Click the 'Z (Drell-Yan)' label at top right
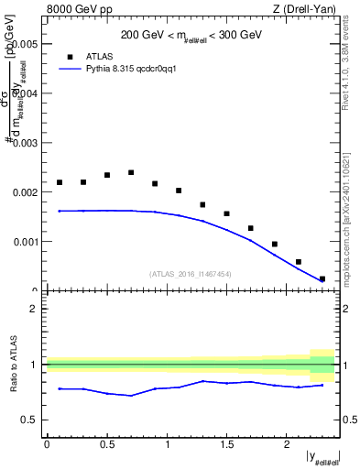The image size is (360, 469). coord(305,10)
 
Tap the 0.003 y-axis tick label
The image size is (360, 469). coord(27,143)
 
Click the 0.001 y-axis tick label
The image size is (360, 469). coord(27,242)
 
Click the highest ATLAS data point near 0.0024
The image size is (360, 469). coord(131,172)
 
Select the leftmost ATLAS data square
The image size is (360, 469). coord(60,182)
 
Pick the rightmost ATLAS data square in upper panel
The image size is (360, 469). coord(322,278)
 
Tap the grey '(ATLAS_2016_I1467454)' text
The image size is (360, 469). coord(190,273)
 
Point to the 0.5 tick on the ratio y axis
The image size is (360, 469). coord(32,420)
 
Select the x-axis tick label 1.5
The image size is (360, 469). coord(227,444)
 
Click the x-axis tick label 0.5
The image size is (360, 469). coord(107,444)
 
